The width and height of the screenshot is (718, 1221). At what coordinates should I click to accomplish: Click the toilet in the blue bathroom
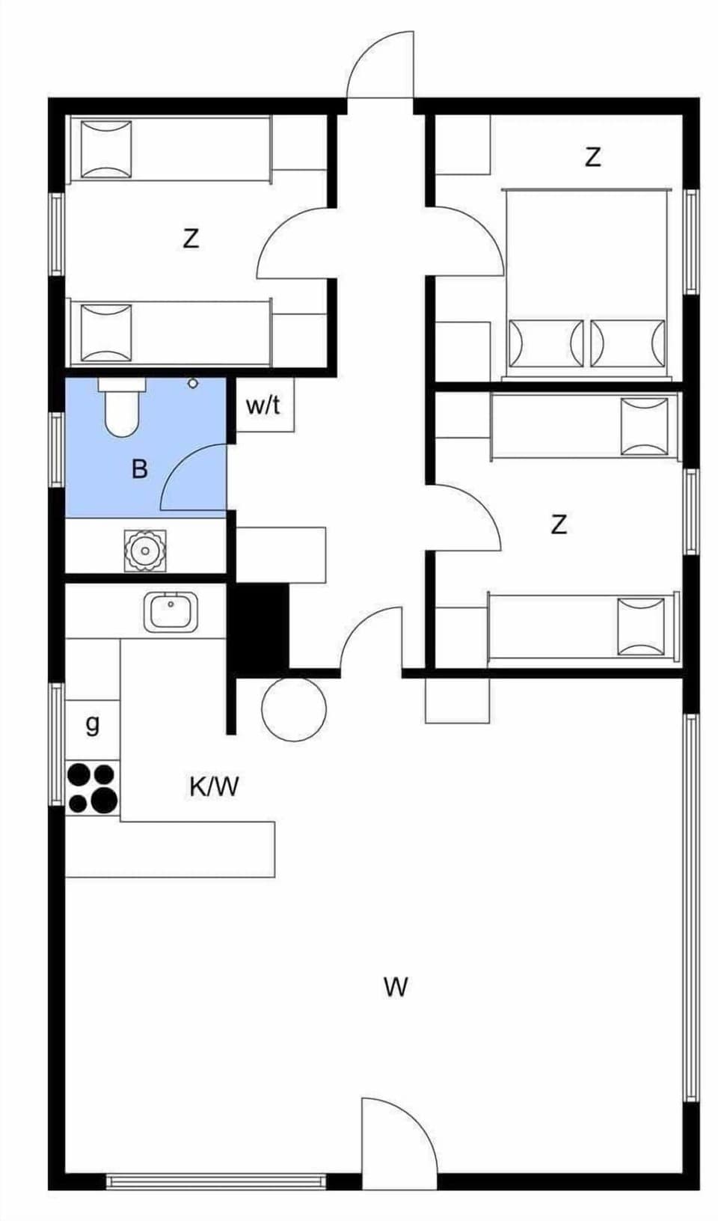122,408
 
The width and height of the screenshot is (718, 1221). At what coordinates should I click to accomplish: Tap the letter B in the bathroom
139,470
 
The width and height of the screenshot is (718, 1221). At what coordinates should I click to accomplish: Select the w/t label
263,406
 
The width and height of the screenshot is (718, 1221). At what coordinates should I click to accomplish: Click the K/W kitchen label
214,786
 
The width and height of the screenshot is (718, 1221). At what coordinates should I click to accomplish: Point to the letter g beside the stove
92,723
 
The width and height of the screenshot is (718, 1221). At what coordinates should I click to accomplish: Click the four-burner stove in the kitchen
93,788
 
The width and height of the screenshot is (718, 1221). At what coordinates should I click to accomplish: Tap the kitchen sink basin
171,612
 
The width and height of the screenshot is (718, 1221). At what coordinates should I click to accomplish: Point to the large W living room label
396,987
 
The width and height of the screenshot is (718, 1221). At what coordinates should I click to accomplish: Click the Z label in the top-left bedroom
191,239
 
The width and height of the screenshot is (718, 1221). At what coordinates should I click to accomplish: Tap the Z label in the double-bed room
592,158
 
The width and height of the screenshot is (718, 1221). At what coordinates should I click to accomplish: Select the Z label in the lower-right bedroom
558,524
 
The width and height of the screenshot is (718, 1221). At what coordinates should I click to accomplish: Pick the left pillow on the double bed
545,343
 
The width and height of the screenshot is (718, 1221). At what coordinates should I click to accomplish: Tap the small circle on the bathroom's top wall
193,383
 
